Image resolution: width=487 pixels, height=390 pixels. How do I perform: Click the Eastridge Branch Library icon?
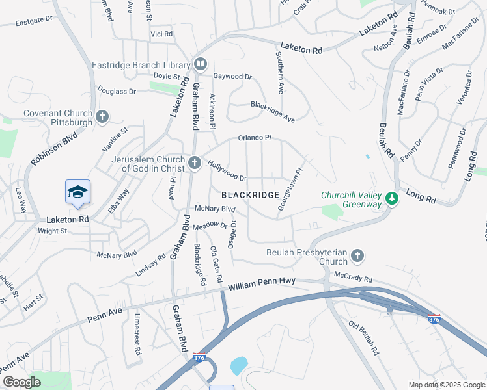(199, 64)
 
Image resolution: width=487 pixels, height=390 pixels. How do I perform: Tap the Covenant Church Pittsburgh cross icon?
(102, 117)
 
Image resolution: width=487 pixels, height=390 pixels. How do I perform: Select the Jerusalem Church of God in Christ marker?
(195, 163)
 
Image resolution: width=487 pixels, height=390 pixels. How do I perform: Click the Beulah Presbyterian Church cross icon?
(357, 256)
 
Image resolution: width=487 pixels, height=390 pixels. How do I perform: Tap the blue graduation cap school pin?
(77, 192)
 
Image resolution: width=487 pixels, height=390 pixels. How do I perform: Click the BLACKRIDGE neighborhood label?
(251, 195)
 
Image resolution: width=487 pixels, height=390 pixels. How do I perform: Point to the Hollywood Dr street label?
(227, 171)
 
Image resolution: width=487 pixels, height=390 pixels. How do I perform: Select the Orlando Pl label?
(254, 138)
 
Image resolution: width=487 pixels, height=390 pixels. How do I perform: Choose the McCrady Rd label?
(352, 277)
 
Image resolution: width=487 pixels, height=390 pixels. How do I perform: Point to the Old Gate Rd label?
(217, 266)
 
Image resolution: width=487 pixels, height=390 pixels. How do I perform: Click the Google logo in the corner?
(21, 382)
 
